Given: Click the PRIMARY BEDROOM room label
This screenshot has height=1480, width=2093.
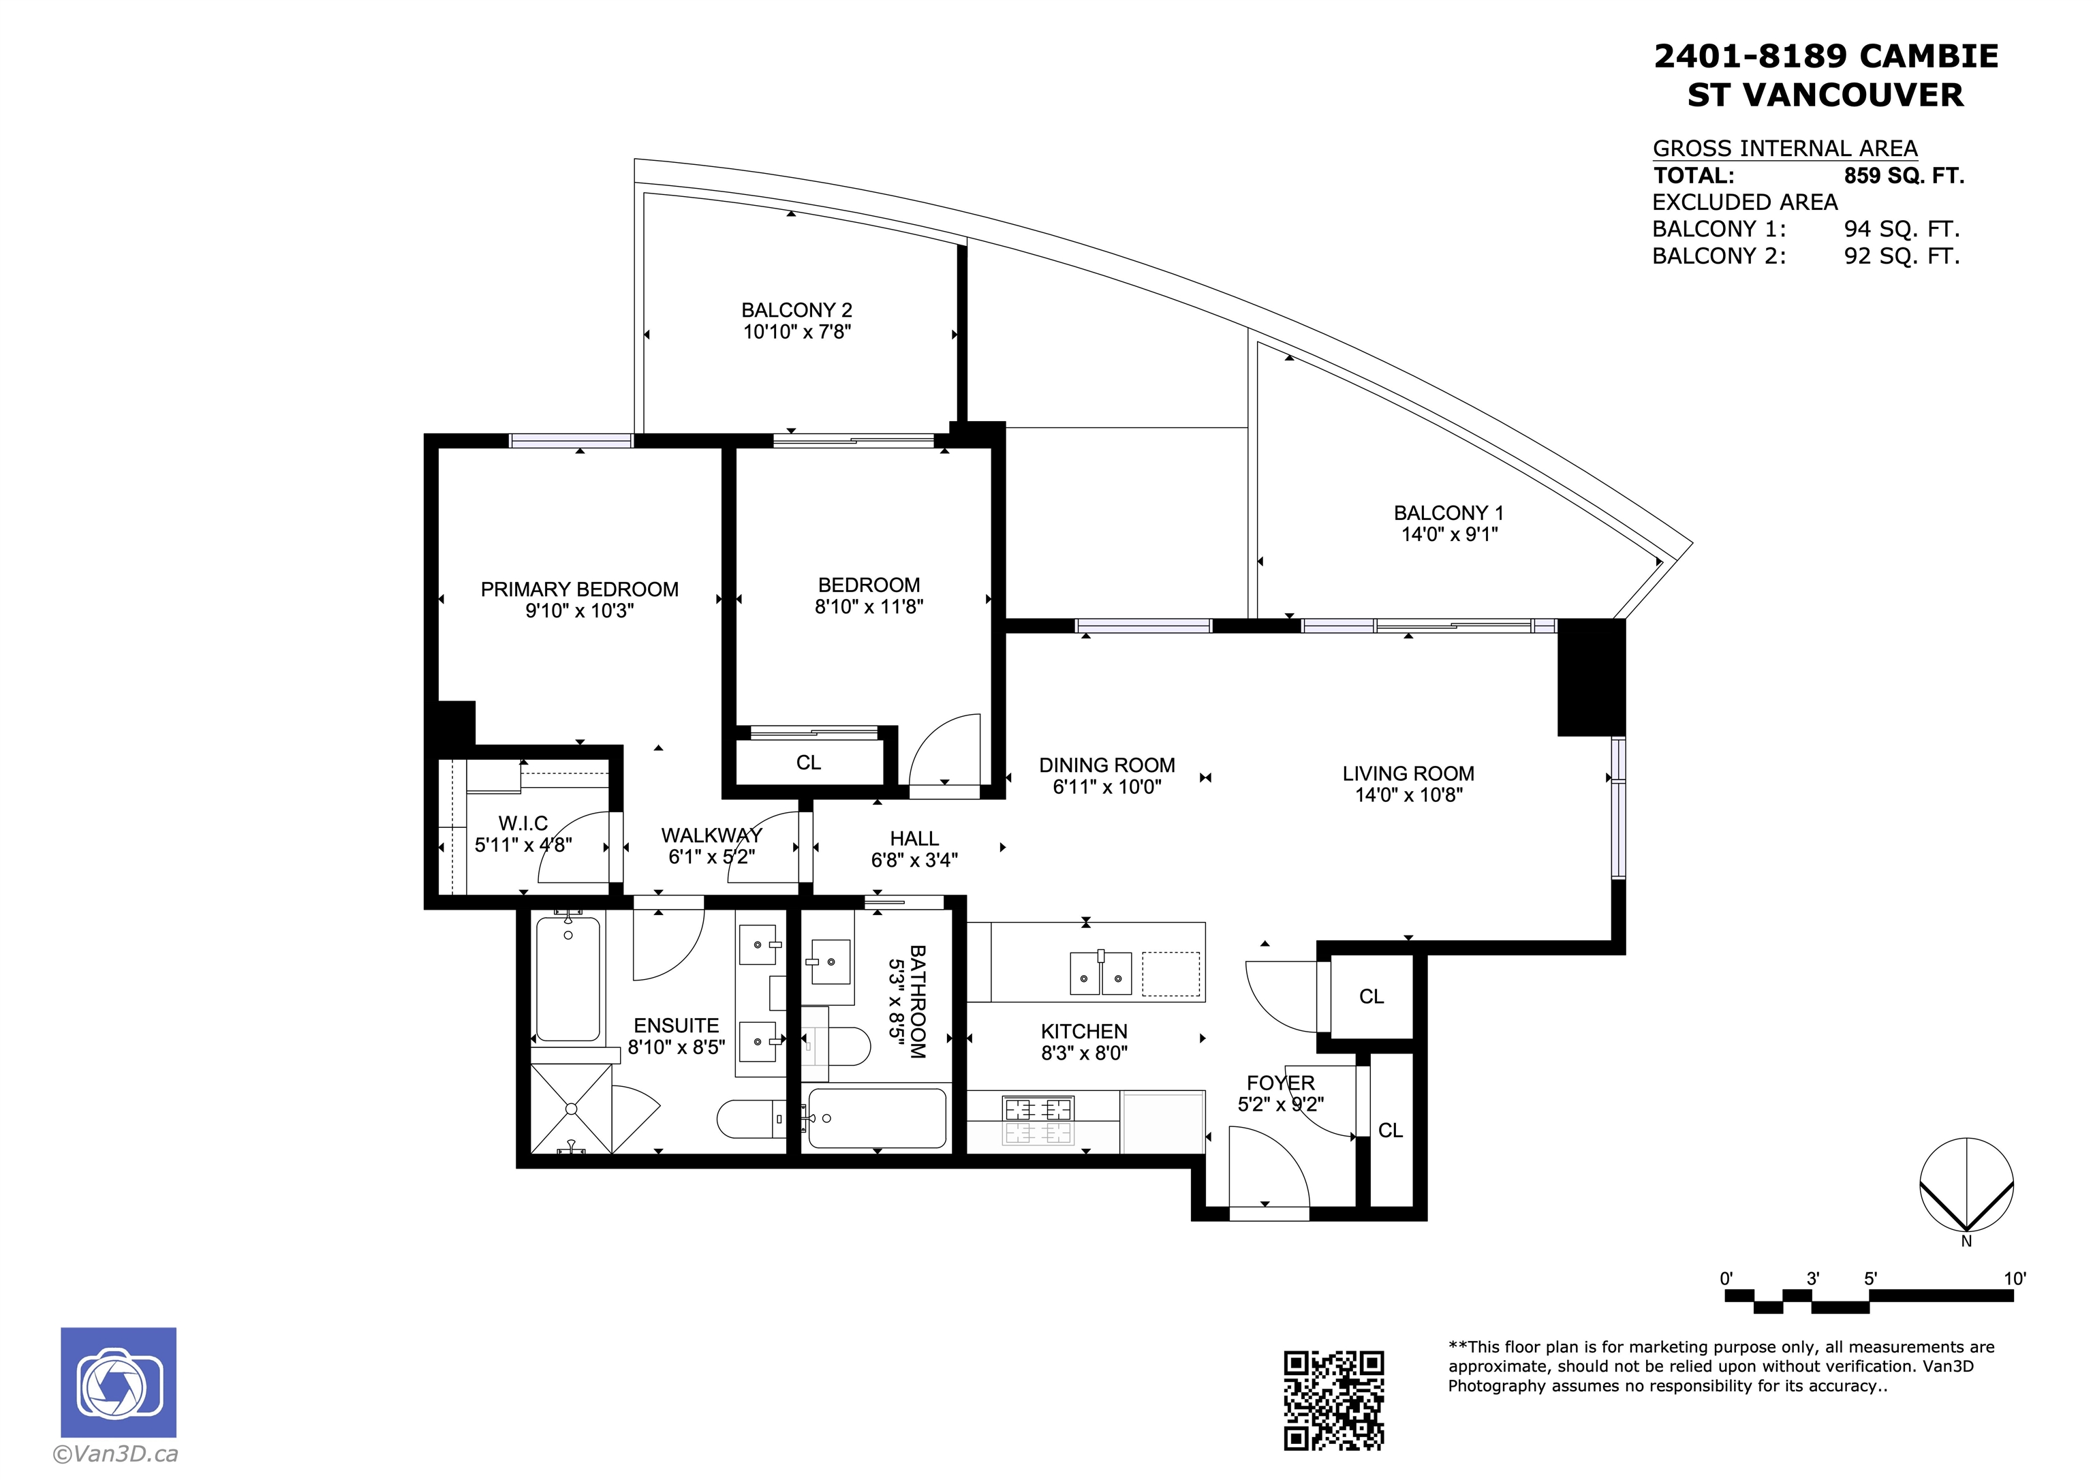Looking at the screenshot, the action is point(579,589).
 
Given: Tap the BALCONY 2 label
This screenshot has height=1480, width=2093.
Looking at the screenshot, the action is point(796,310).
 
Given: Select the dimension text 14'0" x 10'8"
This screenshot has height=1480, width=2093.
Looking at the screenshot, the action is point(1408,795).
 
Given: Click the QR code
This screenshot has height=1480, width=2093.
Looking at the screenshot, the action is point(1333,1400).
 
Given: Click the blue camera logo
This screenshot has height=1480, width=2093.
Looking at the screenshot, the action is point(119,1383).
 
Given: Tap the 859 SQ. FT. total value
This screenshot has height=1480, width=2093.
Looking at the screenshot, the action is point(1904,175).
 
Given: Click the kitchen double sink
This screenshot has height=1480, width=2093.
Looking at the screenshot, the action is point(1100,972).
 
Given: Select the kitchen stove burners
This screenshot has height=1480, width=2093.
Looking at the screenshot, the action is point(1038,1121).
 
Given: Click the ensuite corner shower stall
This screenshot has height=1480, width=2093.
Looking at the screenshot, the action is point(572,1109).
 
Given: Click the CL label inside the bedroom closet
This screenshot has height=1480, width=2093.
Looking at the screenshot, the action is point(809,762).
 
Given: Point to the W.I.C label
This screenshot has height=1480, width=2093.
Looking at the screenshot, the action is point(523,823).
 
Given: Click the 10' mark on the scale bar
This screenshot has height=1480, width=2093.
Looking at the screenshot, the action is point(2014,1278).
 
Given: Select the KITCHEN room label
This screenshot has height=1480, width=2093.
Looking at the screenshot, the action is point(1084,1032).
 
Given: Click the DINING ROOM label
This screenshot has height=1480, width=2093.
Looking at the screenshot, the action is point(1106,765).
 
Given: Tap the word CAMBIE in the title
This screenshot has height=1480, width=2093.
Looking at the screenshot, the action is point(1928,57).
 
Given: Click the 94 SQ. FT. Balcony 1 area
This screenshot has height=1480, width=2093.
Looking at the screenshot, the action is point(1902,229).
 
